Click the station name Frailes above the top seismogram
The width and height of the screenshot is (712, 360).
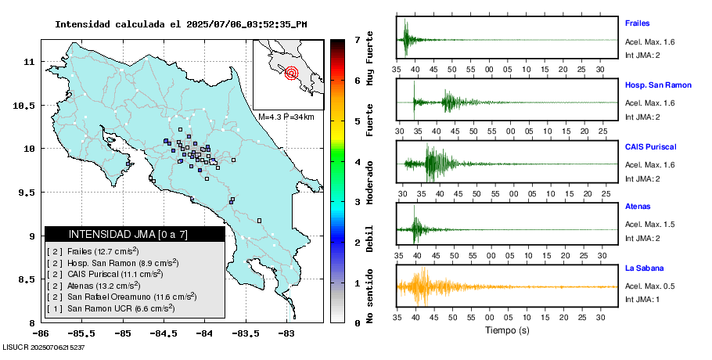click(x=638, y=23)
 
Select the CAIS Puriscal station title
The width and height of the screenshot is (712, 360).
click(x=650, y=146)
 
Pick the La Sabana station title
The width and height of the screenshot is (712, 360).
click(x=642, y=268)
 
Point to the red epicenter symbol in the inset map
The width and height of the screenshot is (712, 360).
click(x=292, y=73)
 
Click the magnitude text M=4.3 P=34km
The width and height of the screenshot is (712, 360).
click(x=286, y=117)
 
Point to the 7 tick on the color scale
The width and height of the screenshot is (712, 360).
click(x=357, y=39)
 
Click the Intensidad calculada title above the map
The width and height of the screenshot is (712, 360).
click(x=181, y=24)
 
